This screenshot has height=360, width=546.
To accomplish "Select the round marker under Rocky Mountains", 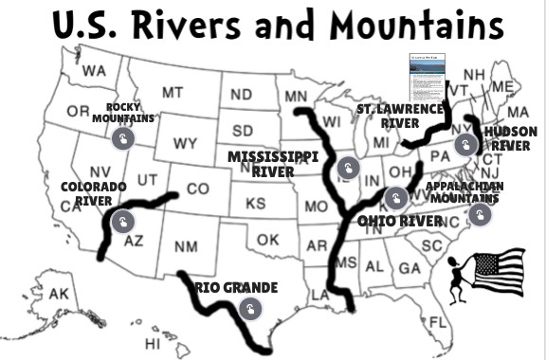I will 122,139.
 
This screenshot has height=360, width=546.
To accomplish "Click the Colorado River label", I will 93,193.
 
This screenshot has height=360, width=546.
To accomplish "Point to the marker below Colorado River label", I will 122,221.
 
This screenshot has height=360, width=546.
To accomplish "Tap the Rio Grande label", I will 237,287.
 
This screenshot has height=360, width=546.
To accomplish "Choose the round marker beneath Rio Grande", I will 250,309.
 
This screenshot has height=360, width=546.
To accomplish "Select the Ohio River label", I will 399,221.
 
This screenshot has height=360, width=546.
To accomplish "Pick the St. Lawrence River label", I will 400,116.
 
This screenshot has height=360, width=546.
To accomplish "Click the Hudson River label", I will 510,138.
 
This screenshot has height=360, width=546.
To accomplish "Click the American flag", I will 499,270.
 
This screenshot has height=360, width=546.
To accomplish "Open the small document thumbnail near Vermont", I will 427,77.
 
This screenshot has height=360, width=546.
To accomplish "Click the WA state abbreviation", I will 94,71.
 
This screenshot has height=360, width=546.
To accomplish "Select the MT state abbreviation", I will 172,93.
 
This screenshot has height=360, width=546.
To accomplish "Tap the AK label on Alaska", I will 59,294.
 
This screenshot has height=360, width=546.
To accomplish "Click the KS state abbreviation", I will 256,203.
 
